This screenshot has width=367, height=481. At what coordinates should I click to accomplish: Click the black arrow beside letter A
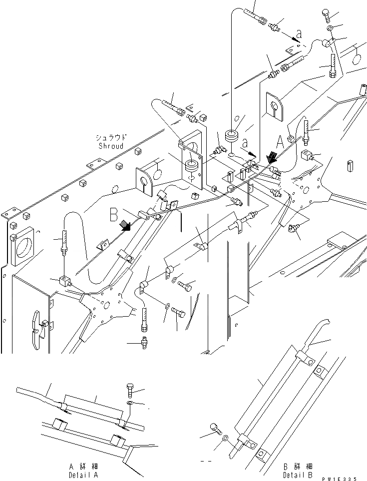tap(272, 158)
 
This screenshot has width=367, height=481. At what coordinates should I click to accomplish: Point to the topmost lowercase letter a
tap(299, 34)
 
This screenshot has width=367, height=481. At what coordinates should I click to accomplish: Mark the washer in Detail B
tap(226, 438)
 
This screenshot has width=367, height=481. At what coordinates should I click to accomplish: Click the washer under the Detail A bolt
tap(129, 403)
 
